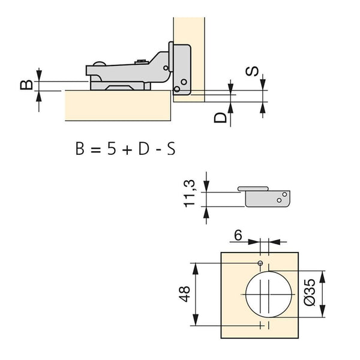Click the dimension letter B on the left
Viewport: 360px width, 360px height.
point(25,84)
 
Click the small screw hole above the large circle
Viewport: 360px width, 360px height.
point(261,263)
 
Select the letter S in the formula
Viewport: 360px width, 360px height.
point(170,149)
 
